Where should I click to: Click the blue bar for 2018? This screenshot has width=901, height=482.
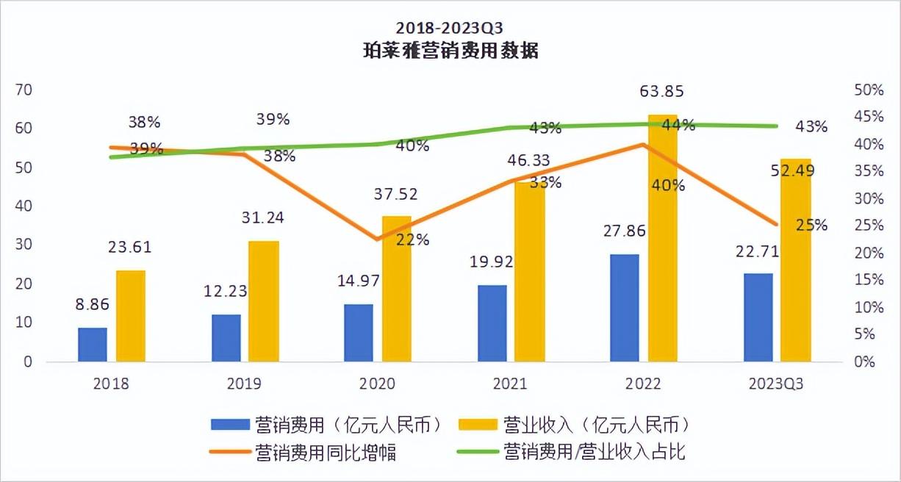(93, 345)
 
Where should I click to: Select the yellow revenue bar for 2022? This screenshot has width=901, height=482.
(662, 242)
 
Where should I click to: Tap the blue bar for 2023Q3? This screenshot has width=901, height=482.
(758, 317)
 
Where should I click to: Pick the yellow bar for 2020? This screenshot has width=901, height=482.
(397, 289)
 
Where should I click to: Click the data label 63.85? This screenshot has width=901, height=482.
(663, 92)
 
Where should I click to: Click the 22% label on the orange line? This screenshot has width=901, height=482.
(412, 240)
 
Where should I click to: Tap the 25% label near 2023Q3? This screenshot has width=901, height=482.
(811, 225)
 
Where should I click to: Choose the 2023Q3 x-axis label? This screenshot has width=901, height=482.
(773, 384)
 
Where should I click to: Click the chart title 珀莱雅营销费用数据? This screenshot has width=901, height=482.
(450, 51)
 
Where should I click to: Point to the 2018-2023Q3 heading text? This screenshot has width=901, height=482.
(450, 28)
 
